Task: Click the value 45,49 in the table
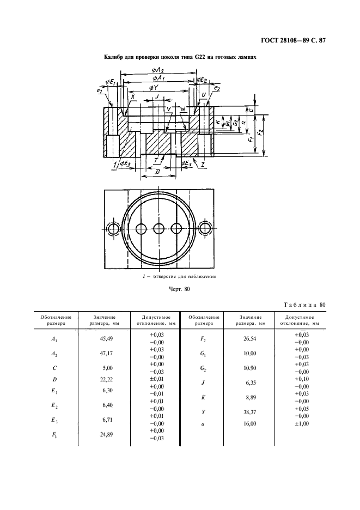pos(106,338)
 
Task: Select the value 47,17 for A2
pos(106,353)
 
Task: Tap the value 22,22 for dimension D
pos(106,379)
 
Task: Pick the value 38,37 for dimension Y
pos(250,412)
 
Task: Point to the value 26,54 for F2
pos(250,338)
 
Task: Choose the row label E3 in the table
pos(54,420)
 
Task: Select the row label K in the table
pos(203,397)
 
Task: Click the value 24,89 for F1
pos(106,434)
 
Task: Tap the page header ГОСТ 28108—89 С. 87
pos(294,41)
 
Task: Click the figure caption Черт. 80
pos(180,289)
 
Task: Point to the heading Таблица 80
pos(304,305)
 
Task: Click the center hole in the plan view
pos(158,229)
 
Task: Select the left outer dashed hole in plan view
pos(113,229)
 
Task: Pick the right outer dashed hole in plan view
pos(205,229)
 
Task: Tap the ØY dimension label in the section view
pos(153,88)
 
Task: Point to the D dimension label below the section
pos(157,172)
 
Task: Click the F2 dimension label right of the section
pos(260,133)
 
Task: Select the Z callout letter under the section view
pos(202,165)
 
